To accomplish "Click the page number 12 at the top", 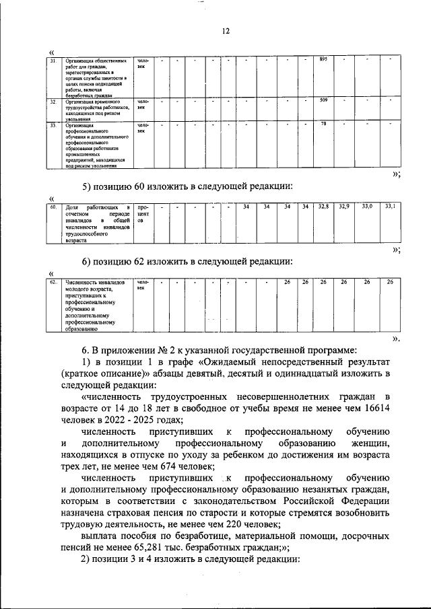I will [x=226, y=31].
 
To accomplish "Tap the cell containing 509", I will [x=323, y=101].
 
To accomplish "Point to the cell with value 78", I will [x=323, y=124].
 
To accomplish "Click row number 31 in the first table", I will [x=53, y=61].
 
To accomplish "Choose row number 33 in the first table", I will [x=53, y=124].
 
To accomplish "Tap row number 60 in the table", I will [x=53, y=207].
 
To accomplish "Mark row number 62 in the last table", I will [x=53, y=283].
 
